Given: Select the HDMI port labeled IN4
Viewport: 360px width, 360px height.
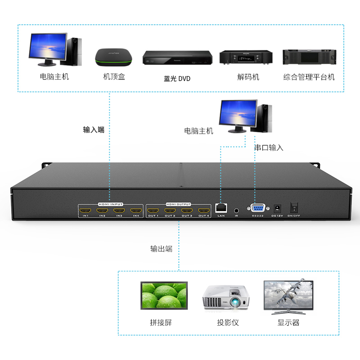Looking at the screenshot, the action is (x=135, y=210).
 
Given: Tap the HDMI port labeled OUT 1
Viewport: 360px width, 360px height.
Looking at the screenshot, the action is (x=153, y=210).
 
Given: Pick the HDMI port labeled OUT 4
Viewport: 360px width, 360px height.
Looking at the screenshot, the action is (x=204, y=210).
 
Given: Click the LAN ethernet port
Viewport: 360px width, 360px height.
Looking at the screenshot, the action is (x=221, y=208).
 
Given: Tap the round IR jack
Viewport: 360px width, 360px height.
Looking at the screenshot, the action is (x=236, y=209).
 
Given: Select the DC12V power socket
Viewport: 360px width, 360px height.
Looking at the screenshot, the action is (x=277, y=208).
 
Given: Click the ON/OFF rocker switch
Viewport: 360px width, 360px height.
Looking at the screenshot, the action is (x=294, y=207).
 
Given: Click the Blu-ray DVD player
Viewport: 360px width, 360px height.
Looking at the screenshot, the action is (x=177, y=58).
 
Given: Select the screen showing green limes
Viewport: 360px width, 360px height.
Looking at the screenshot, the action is (x=164, y=296).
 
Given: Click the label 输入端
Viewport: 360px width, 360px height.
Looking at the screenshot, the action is (x=94, y=130).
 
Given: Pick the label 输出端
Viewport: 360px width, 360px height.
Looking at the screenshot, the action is (x=161, y=248).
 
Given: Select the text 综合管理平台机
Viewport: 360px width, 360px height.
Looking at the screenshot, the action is (x=309, y=77).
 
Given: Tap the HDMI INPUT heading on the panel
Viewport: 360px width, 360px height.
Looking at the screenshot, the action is (x=110, y=204).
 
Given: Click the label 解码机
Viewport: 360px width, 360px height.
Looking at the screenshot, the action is (x=248, y=77).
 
